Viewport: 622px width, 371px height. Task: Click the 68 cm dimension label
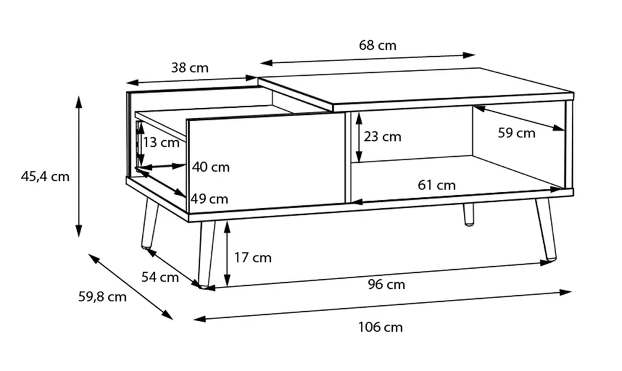coord(378,45)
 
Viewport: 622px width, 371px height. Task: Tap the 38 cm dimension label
coord(190,68)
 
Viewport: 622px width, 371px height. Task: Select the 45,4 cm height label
coord(45,176)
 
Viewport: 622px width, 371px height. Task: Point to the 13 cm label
coord(161,142)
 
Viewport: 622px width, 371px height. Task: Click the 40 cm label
coord(211,167)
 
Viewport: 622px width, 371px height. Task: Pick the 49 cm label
coord(210,199)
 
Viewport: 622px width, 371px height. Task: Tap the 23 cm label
coord(383,137)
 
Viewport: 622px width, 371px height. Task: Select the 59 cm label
coord(517,133)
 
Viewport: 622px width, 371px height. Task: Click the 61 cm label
coord(437,185)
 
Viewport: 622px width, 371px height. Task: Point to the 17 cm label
coord(253,257)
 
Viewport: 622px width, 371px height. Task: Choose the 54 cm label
coord(161,277)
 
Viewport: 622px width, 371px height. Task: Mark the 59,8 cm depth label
coord(102,296)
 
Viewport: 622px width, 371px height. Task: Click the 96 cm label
coord(386,284)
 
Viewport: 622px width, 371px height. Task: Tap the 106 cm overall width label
coord(380,327)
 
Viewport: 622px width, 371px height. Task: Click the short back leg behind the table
coord(469,215)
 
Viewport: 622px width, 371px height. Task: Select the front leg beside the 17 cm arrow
coord(206,254)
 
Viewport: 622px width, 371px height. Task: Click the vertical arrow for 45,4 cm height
coord(79,166)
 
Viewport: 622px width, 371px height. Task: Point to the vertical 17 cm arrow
coord(227,254)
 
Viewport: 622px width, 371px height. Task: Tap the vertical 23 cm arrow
coord(359,137)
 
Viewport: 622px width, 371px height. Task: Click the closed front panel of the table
coord(266,163)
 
